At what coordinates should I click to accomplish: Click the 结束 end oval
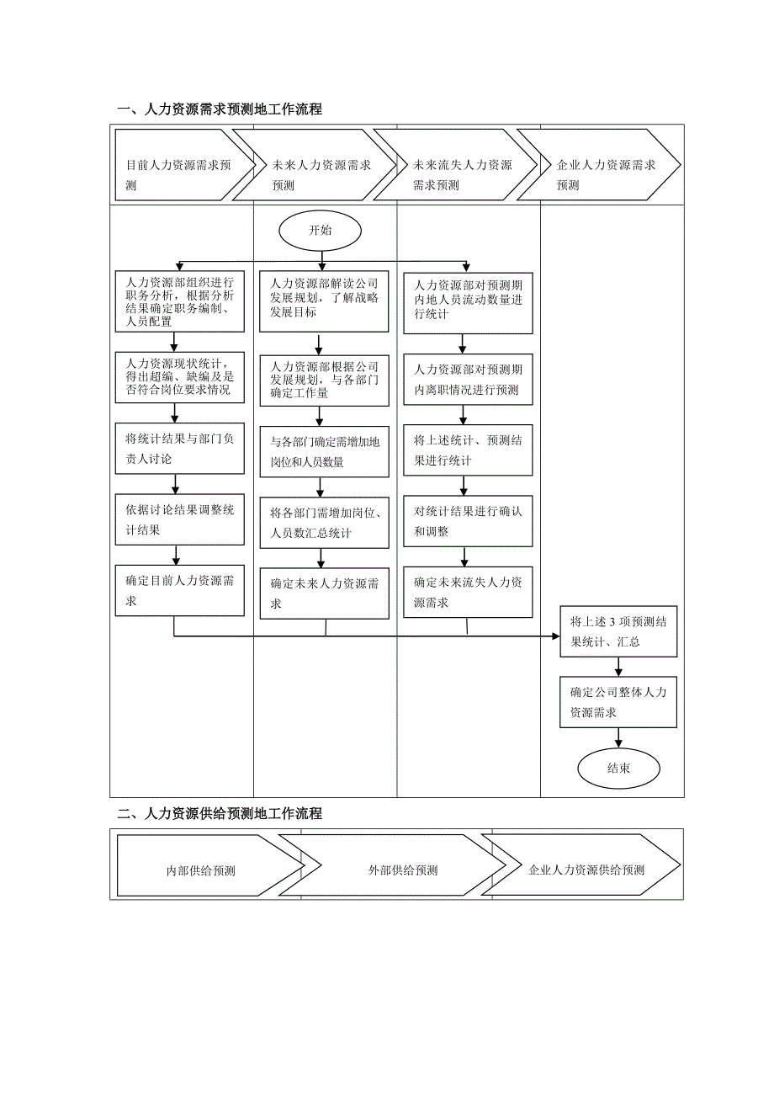pos(618,768)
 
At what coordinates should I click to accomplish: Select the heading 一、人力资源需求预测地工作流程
pos(220,109)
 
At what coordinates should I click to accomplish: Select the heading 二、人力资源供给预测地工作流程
pos(220,814)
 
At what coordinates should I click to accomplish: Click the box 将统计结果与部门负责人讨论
pos(180,448)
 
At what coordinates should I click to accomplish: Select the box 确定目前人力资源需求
pos(180,591)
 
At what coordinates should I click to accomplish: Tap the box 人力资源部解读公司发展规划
pos(324,301)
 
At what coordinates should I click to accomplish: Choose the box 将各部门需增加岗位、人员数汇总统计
pos(324,523)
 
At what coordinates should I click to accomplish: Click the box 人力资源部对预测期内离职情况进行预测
pos(468,379)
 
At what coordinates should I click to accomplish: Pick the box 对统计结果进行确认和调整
pos(468,521)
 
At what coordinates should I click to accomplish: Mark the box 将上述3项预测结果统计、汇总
pos(618,632)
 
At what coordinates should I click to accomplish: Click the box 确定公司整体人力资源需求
pos(618,702)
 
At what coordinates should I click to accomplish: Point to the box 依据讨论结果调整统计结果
pos(180,519)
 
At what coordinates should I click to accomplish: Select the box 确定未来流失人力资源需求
pos(468,593)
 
